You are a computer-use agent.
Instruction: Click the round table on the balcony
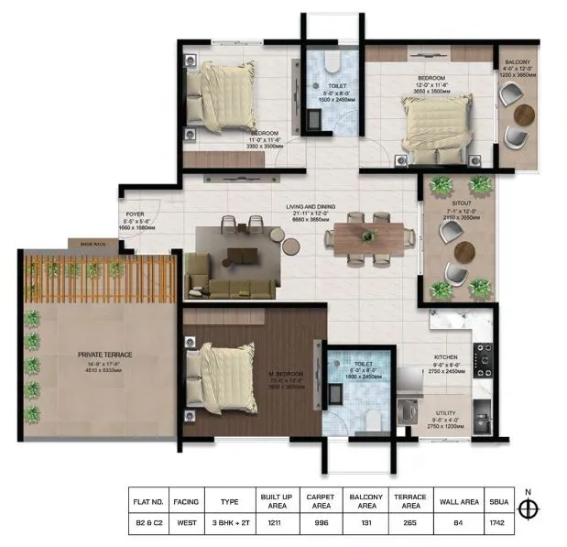(x=524, y=114)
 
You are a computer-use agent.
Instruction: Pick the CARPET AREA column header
(x=320, y=502)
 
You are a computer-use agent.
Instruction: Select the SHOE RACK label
(x=93, y=244)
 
